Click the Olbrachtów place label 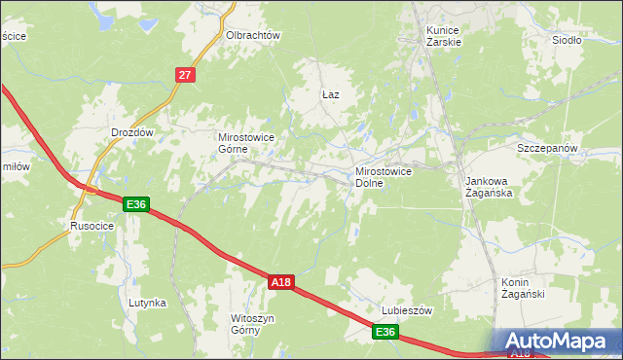(x=253, y=35)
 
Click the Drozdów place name (x=132, y=131)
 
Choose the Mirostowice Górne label (x=246, y=144)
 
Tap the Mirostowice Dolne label (x=384, y=177)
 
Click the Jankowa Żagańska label (x=489, y=187)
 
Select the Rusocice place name (x=92, y=226)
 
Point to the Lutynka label (x=147, y=303)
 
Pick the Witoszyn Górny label (x=251, y=324)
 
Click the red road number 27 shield (x=187, y=74)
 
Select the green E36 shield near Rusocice (x=136, y=204)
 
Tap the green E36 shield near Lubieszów (x=385, y=333)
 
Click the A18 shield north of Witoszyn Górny (x=280, y=282)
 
